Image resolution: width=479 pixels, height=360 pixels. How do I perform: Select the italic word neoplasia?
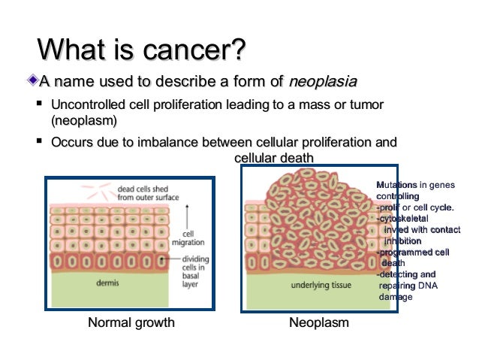click(x=323, y=81)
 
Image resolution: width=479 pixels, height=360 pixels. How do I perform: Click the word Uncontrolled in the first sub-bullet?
click(x=85, y=104)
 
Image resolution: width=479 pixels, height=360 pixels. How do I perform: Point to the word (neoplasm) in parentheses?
click(x=84, y=119)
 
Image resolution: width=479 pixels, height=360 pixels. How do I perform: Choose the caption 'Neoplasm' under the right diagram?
click(x=318, y=323)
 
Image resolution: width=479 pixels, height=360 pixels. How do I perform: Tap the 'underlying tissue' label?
click(x=321, y=286)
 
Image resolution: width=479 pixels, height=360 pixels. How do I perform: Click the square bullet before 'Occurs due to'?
click(x=38, y=141)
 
